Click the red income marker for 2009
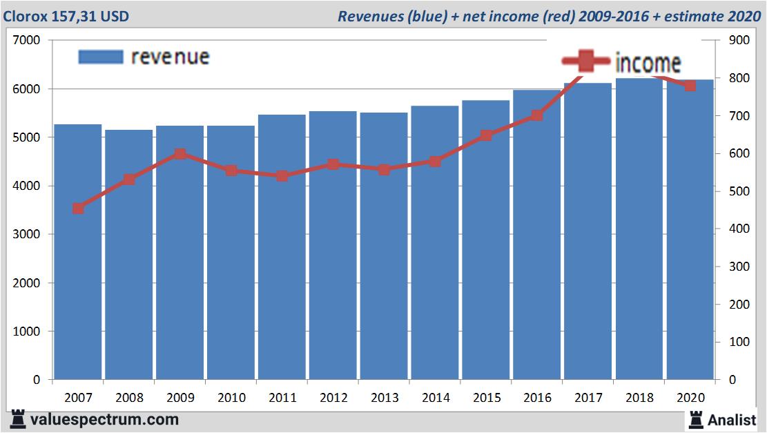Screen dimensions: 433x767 click(x=179, y=154)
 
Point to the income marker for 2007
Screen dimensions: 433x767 click(x=78, y=209)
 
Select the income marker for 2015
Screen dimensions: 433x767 click(x=486, y=135)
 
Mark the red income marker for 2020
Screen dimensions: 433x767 click(x=690, y=86)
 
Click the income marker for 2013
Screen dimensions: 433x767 click(x=384, y=169)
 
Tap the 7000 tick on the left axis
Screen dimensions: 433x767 click(x=27, y=41)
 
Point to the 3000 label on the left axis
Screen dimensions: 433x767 click(x=27, y=235)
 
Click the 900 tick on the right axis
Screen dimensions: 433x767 click(x=739, y=41)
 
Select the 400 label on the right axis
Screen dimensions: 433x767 click(x=739, y=229)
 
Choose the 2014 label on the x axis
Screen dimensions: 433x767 click(x=435, y=398)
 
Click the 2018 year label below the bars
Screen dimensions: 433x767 click(x=639, y=398)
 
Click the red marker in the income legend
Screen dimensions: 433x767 click(x=585, y=62)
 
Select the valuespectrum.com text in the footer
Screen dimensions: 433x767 click(x=104, y=419)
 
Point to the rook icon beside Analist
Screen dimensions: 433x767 click(x=695, y=419)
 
